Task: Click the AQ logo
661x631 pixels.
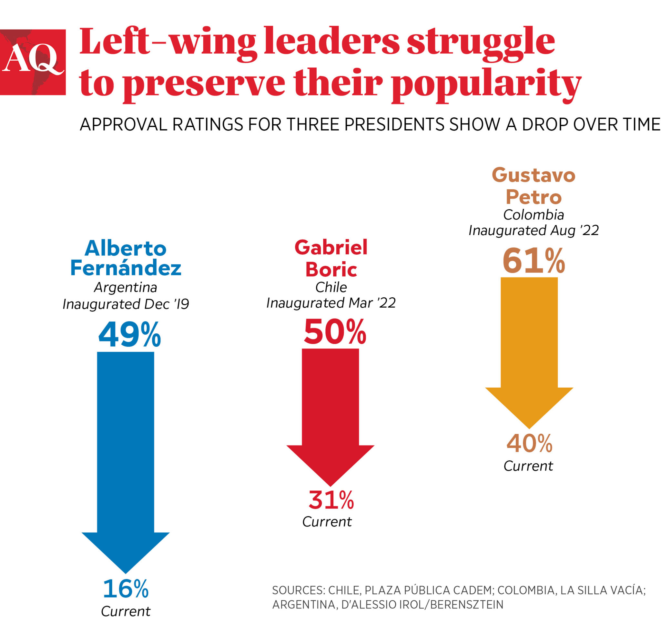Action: [33, 62]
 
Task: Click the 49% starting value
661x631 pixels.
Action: [130, 335]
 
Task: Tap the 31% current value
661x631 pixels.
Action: [331, 500]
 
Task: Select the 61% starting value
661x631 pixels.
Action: [534, 261]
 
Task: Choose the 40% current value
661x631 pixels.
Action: [529, 444]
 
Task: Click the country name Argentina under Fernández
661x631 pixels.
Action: [126, 287]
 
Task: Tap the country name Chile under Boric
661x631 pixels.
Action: [331, 287]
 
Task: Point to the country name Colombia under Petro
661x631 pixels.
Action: [534, 215]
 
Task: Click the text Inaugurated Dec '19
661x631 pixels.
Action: [126, 304]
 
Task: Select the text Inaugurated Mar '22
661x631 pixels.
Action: [331, 303]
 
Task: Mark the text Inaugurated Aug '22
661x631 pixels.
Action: [534, 231]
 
